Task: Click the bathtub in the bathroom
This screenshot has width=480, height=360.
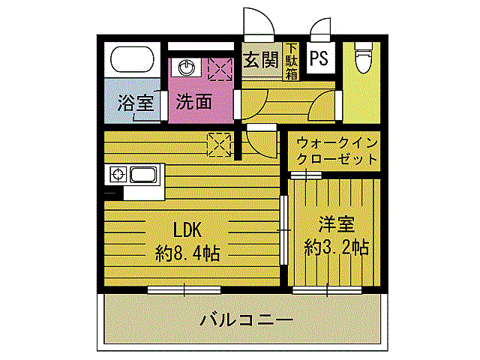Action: click(132, 59)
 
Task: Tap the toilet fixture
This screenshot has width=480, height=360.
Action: click(363, 57)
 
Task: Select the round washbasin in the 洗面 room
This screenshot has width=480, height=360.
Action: click(185, 67)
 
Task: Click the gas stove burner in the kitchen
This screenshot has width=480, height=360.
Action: click(117, 175)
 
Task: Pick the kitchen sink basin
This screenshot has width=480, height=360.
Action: click(143, 175)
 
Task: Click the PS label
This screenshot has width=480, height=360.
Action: click(319, 58)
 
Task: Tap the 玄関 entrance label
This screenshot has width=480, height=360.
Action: click(261, 60)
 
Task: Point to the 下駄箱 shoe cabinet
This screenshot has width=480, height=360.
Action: click(292, 61)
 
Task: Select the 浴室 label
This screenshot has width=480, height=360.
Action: click(135, 103)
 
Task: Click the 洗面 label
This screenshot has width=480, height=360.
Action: click(193, 101)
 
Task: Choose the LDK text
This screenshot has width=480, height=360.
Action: click(187, 230)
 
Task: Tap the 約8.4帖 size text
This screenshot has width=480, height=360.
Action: click(187, 253)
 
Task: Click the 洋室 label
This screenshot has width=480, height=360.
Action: click(337, 224)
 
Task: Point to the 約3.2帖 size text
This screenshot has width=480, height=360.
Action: click(337, 247)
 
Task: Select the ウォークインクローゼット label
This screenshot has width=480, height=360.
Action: click(337, 151)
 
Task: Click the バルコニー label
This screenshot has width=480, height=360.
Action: click(247, 320)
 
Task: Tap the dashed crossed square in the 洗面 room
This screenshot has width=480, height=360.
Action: click(220, 70)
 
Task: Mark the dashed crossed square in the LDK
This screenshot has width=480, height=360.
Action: click(219, 145)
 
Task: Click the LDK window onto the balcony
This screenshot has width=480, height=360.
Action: click(184, 290)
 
